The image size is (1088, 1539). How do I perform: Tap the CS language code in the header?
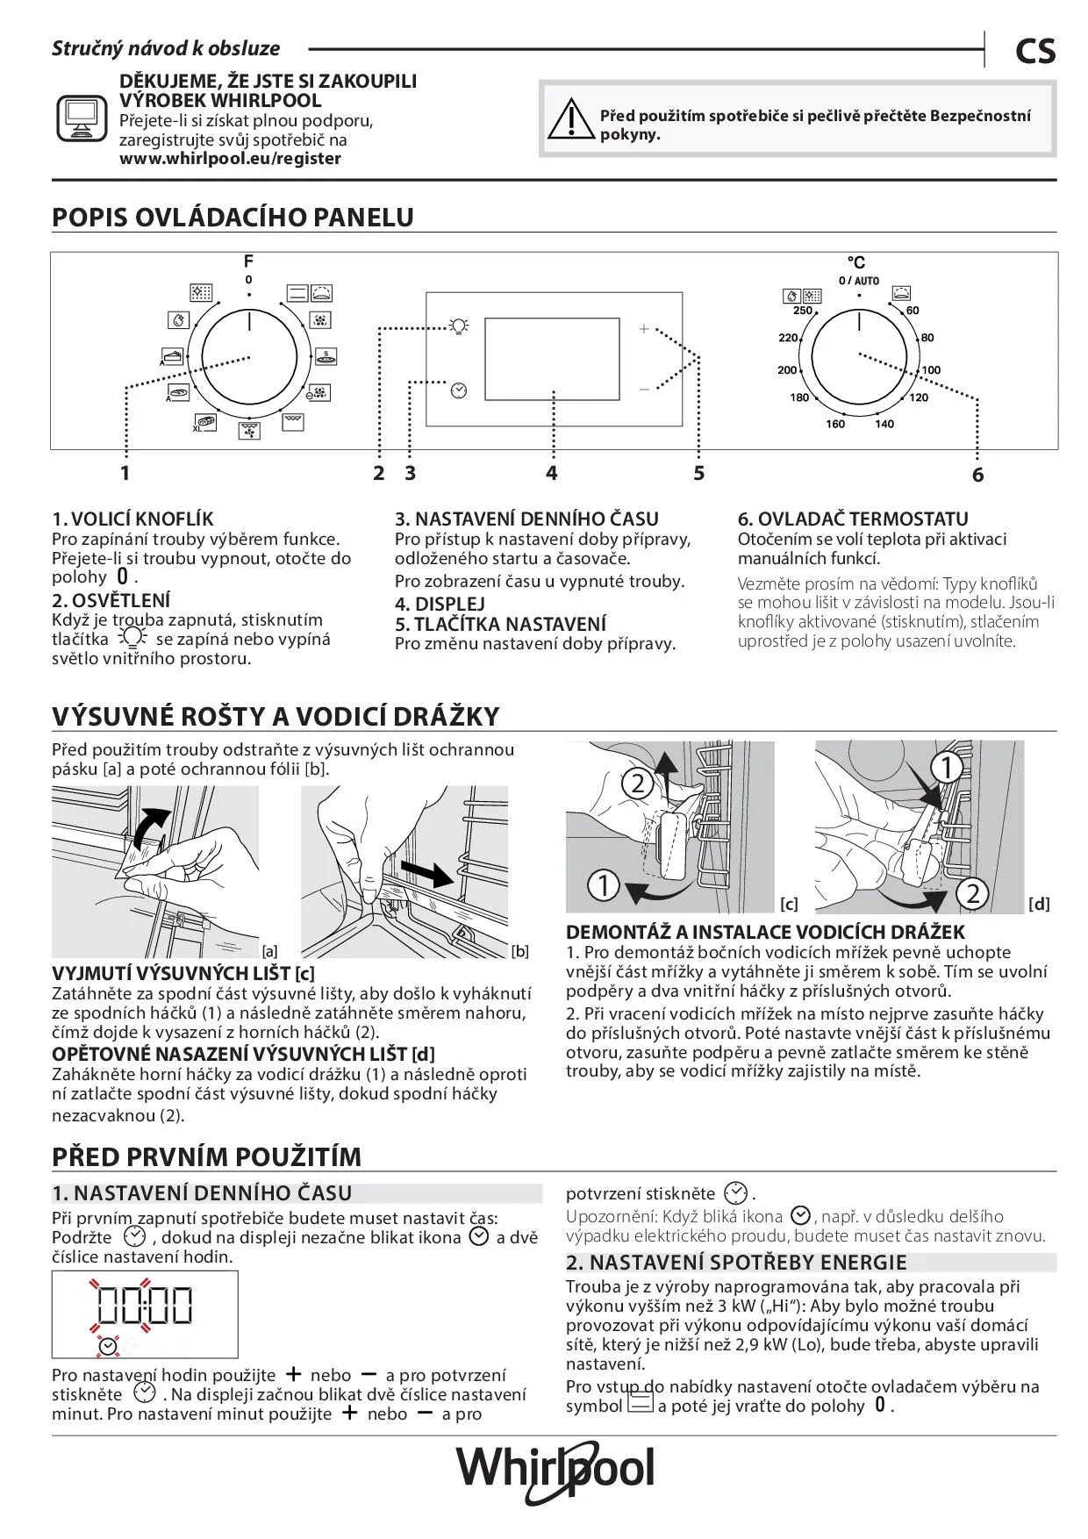pos(1035,52)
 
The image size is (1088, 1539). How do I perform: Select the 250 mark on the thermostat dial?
pos(803,311)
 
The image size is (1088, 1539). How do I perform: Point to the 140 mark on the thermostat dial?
pos(884,424)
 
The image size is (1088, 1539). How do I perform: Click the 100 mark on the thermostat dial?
pos(931,370)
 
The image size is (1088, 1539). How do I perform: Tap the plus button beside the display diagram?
pos(644,329)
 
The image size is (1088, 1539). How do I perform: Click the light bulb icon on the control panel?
pos(458,326)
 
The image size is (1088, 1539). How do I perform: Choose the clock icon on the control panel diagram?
pos(459,390)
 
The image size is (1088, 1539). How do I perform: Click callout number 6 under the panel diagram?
pos(977,475)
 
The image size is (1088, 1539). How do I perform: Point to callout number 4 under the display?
pos(551,473)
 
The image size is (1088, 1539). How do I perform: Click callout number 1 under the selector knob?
pos(125,473)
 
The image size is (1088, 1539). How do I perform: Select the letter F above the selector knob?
pos(248,261)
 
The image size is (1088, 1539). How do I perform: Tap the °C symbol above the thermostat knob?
pos(856,262)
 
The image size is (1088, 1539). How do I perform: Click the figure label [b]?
pos(519,951)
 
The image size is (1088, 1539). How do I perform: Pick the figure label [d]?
pos(1039,904)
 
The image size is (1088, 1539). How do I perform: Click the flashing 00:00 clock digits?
pos(145,1304)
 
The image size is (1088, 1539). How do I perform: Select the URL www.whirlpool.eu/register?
pos(230,159)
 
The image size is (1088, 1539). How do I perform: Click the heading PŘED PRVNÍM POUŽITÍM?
pos(207,1156)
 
